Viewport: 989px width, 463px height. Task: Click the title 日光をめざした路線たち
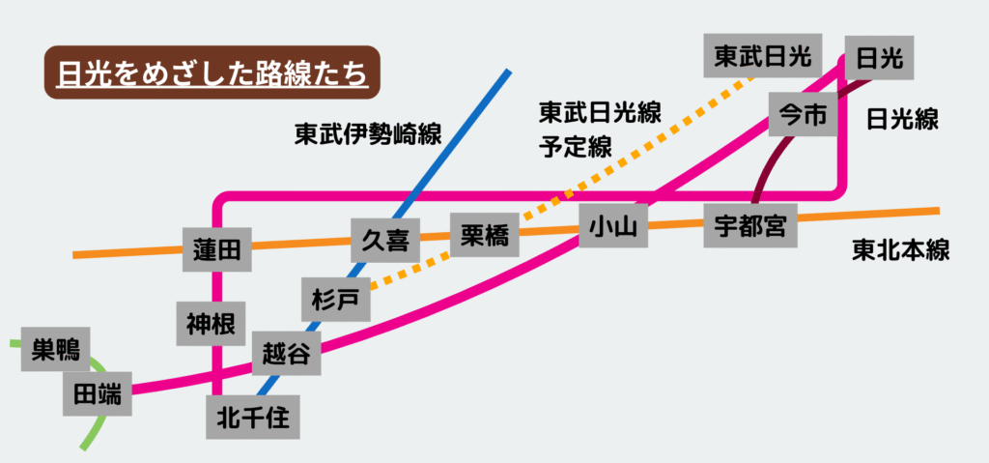[x=212, y=73]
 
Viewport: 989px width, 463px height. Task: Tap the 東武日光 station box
[x=762, y=57]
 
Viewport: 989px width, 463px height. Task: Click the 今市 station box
[x=803, y=116]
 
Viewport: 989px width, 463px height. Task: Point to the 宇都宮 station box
[x=749, y=226]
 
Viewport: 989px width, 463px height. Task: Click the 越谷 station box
[x=286, y=354]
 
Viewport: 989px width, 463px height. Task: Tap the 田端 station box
[x=98, y=393]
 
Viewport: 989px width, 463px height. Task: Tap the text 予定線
[x=575, y=148]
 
